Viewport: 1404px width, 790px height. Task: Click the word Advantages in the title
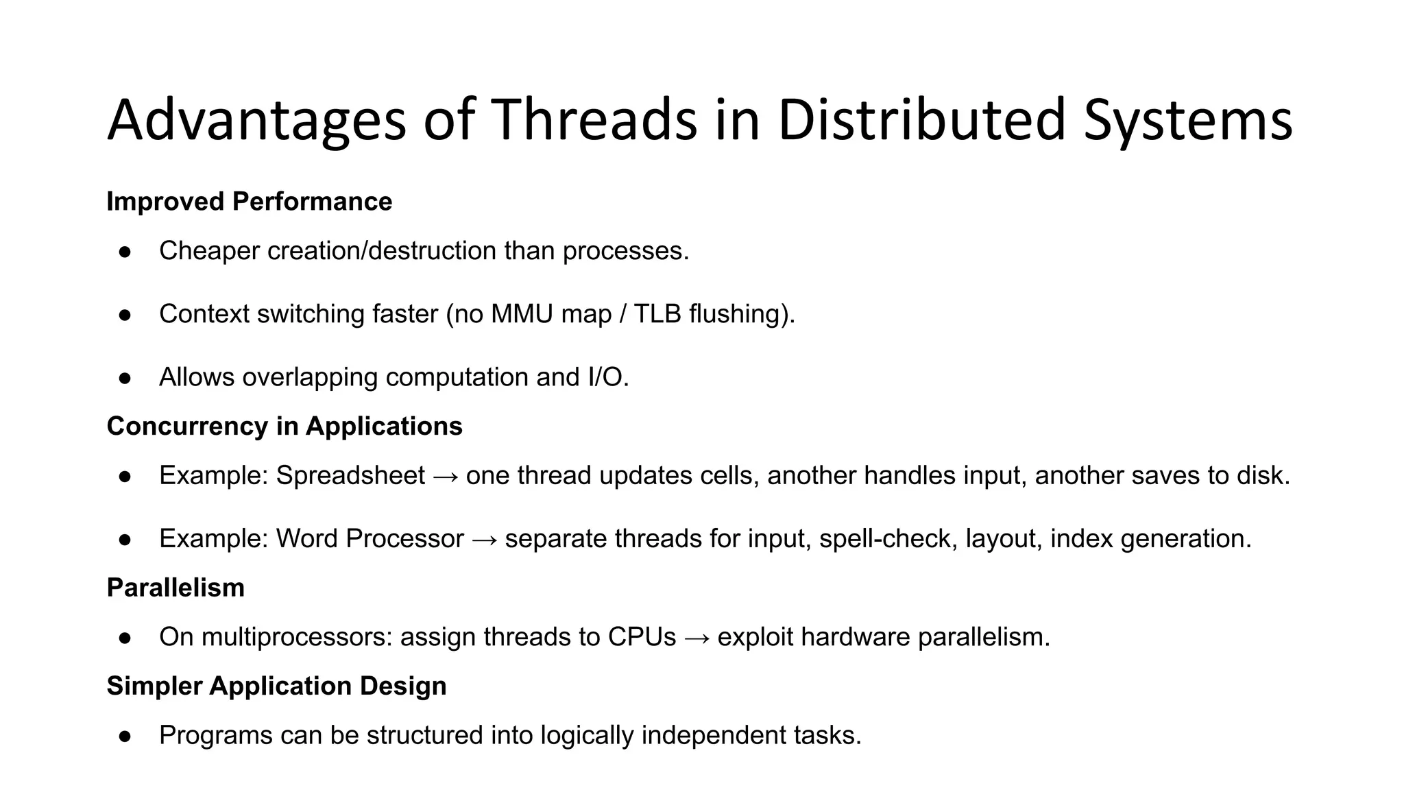click(256, 121)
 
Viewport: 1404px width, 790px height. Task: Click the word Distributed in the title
click(921, 121)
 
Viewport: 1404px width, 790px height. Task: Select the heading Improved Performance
click(249, 202)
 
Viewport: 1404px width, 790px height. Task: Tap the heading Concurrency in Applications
click(285, 427)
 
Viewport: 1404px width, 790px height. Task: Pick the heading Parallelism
click(175, 588)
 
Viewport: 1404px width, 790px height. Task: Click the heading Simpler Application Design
click(276, 686)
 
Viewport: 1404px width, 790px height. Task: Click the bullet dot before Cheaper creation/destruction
click(125, 252)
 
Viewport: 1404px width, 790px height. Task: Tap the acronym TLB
click(658, 314)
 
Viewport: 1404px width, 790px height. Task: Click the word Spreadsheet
click(350, 476)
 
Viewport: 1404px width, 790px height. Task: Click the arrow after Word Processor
click(485, 540)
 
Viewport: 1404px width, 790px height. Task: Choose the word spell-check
click(888, 539)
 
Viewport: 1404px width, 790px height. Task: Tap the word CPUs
click(642, 637)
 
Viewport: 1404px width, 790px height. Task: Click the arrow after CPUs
click(697, 638)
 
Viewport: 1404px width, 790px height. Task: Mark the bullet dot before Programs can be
click(125, 736)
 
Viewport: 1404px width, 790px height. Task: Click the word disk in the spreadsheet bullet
click(1259, 476)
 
